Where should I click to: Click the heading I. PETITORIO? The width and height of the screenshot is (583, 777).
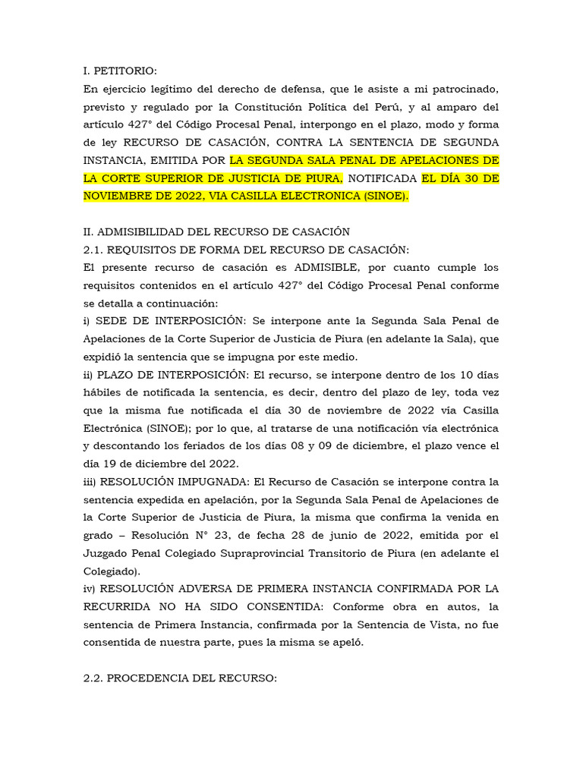[120, 71]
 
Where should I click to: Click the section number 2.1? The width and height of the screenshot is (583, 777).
[93, 250]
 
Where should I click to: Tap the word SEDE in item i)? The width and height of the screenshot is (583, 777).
[110, 321]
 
